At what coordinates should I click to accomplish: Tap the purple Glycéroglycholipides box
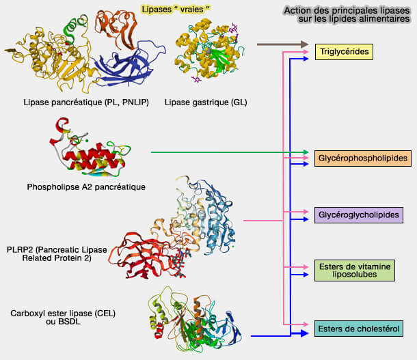point(358,215)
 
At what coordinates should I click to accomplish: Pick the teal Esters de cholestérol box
point(359,329)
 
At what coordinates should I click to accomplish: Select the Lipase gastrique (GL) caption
point(206,102)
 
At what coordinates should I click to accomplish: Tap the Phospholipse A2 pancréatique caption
point(86,186)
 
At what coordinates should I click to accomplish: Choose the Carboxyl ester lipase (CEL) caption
point(63,317)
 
